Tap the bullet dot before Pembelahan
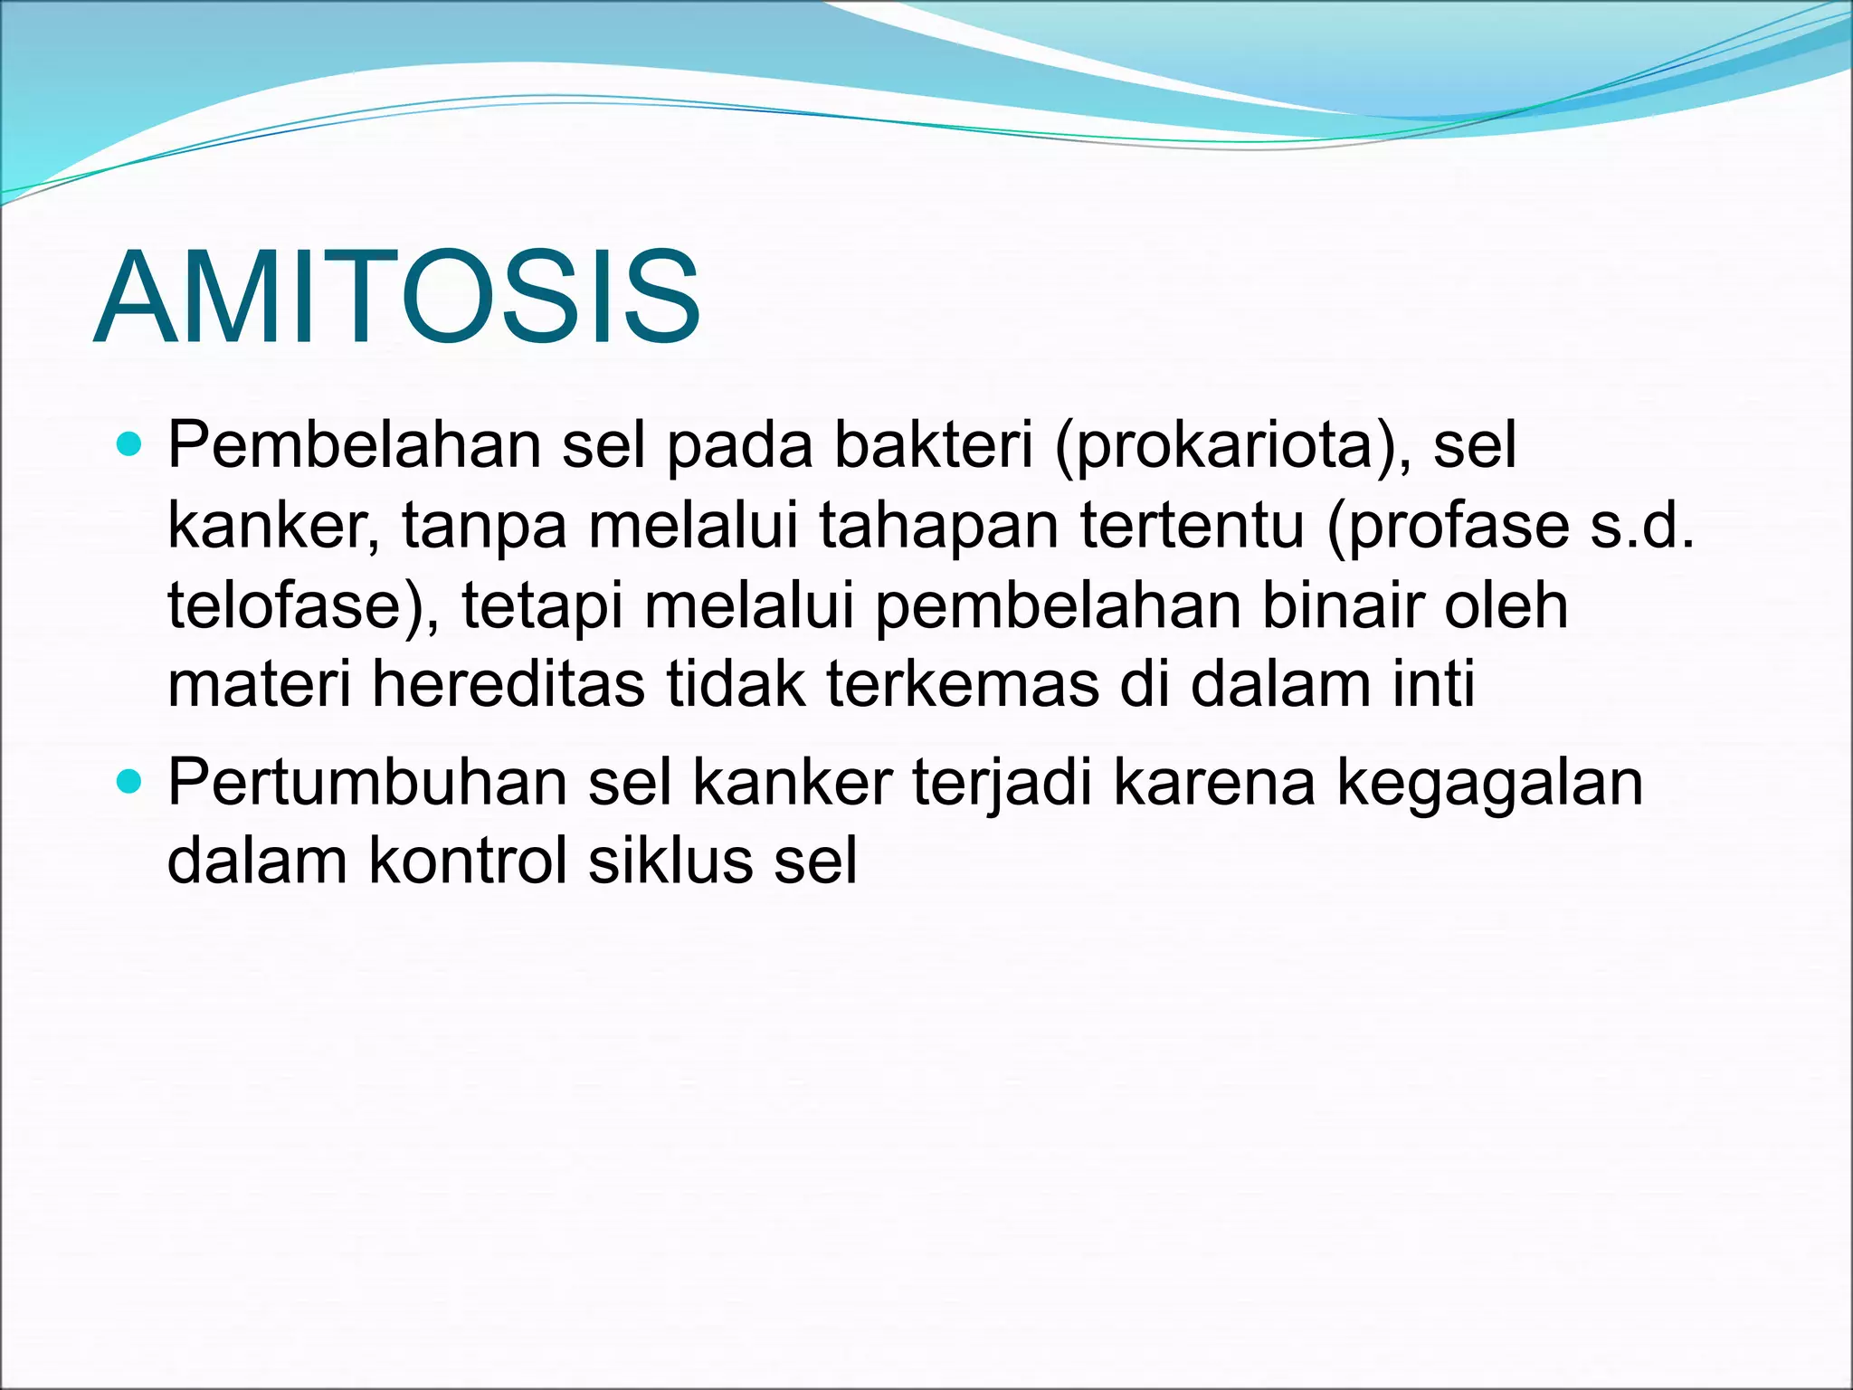[130, 444]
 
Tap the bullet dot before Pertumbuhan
[130, 780]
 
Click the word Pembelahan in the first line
[354, 445]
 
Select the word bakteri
[933, 445]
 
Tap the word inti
[1434, 684]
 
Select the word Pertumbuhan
[367, 783]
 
